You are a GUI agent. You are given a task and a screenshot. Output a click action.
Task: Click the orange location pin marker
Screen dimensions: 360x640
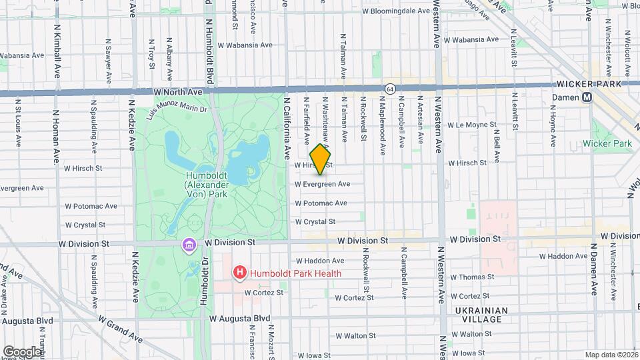321,159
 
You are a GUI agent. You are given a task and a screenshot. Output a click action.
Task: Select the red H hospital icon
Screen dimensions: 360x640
239,273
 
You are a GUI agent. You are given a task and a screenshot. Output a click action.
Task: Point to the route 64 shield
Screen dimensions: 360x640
390,88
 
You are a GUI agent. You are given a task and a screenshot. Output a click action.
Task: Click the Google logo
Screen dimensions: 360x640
22,351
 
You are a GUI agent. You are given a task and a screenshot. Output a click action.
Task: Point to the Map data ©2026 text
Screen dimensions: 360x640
611,355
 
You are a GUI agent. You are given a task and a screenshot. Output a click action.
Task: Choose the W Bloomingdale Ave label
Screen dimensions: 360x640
395,11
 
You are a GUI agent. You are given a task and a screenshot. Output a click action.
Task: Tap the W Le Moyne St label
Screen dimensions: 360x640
472,125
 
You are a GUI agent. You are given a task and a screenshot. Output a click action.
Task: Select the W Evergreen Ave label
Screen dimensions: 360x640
323,184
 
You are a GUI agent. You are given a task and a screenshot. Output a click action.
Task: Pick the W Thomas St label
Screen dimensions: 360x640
471,277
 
